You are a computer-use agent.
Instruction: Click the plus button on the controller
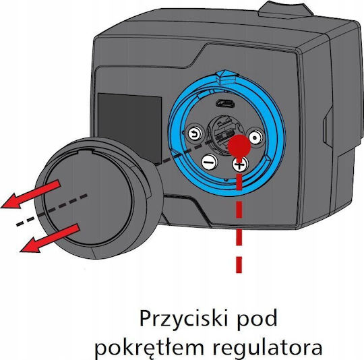(x=240, y=164)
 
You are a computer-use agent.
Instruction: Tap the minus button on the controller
(x=210, y=161)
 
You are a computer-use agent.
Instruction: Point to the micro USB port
(x=225, y=103)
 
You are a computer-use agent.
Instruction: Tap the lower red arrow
(x=50, y=239)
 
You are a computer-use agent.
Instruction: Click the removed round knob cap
(x=98, y=198)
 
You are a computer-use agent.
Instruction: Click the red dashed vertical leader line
(x=239, y=215)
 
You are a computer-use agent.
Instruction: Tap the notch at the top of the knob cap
(x=85, y=152)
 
